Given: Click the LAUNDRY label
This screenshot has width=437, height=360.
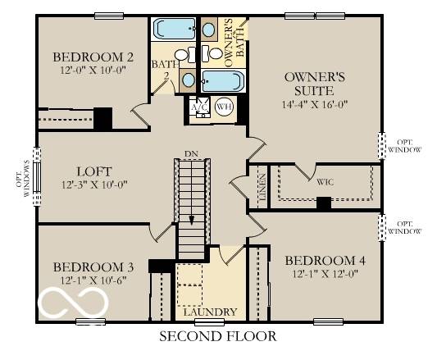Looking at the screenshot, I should (210, 312).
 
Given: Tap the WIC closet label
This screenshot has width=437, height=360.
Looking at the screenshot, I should (325, 180).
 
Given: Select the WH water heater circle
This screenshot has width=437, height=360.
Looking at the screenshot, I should (223, 107).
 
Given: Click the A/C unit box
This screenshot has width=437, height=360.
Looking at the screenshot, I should (198, 107).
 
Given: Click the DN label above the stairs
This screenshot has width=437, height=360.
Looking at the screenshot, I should (191, 153).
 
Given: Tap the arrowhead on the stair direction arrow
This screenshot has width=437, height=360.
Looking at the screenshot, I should (192, 219).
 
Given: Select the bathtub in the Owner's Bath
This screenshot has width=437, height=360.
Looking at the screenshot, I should (222, 80).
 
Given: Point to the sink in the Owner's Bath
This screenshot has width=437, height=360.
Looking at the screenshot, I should (209, 31).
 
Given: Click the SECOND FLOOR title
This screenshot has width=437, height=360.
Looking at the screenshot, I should (217, 336).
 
